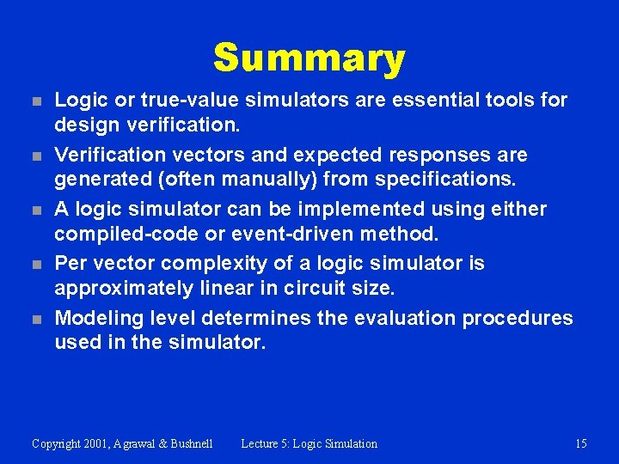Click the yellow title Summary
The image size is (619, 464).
(x=309, y=58)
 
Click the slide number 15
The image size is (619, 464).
(x=581, y=443)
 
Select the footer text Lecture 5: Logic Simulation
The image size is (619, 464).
(x=309, y=443)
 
